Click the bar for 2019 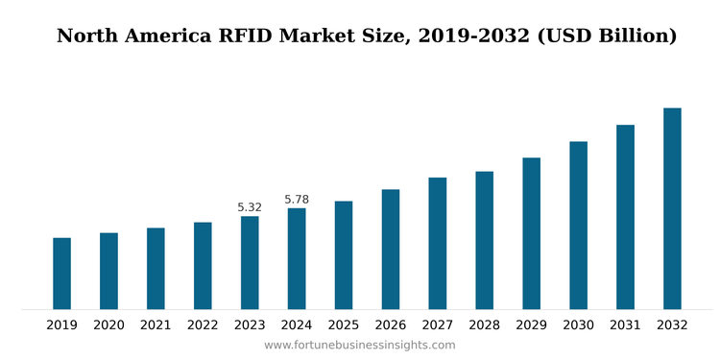pos(61,274)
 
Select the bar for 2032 pos(672,208)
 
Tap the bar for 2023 pos(250,262)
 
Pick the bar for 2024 pos(297,258)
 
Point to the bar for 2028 pos(484,240)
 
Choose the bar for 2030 pos(578,225)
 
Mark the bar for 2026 pos(390,249)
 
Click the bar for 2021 pos(156,268)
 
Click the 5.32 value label pos(250,207)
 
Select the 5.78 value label pos(297,200)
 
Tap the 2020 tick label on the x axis pos(108,325)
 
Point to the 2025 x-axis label pos(344,325)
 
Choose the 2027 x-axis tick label pos(437,325)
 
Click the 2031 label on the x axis pos(625,325)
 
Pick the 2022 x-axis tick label pos(203,325)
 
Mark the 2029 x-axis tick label pos(531,325)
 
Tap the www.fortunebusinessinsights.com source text pos(360,346)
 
